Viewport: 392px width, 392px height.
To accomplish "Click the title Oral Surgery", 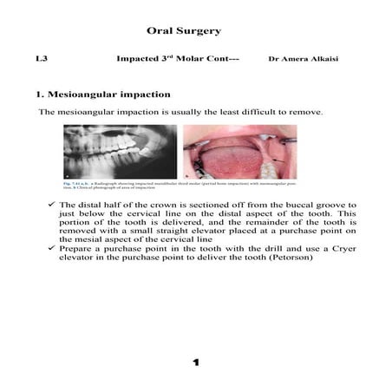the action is click(x=184, y=30).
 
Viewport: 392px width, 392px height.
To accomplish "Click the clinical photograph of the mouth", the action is click(x=239, y=152).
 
